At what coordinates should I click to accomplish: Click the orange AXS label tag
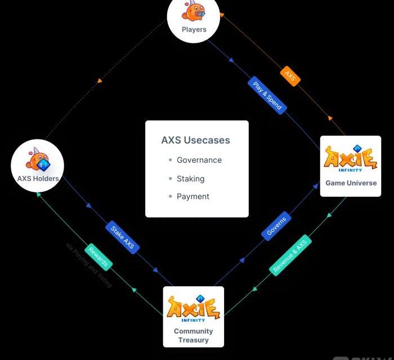pos(290,76)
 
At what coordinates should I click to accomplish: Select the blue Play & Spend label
pos(267,96)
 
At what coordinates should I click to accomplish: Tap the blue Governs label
pos(276,226)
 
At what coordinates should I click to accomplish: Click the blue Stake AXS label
pos(122,238)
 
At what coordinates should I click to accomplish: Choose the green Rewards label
pos(98,257)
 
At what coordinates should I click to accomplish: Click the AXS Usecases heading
pos(195,140)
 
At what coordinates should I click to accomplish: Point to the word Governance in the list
pos(199,160)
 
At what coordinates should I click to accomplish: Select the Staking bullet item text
pos(190,178)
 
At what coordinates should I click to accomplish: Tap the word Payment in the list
pos(193,196)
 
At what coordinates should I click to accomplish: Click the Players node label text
pos(194,29)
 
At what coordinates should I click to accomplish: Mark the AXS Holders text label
pos(38,179)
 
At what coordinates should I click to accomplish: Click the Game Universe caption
pos(351,183)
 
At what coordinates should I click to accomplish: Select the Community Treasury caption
pos(193,335)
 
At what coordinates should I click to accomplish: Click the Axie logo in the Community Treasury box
pos(193,308)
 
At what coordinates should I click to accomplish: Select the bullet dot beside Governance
pos(170,160)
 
